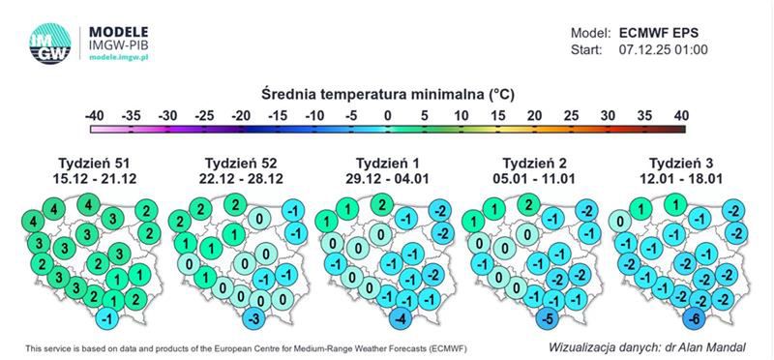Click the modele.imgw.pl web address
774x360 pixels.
click(x=120, y=58)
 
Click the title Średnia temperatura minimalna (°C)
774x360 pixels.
click(x=386, y=94)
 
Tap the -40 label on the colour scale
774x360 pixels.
click(x=94, y=116)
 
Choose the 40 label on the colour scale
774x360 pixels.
click(x=679, y=116)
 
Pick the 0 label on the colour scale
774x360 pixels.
click(x=387, y=116)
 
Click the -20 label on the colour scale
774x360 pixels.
click(x=241, y=116)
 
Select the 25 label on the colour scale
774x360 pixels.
click(x=570, y=116)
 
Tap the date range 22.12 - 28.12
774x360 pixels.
click(x=237, y=178)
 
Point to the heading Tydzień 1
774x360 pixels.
click(x=386, y=162)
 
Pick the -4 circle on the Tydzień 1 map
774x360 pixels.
click(x=401, y=320)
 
